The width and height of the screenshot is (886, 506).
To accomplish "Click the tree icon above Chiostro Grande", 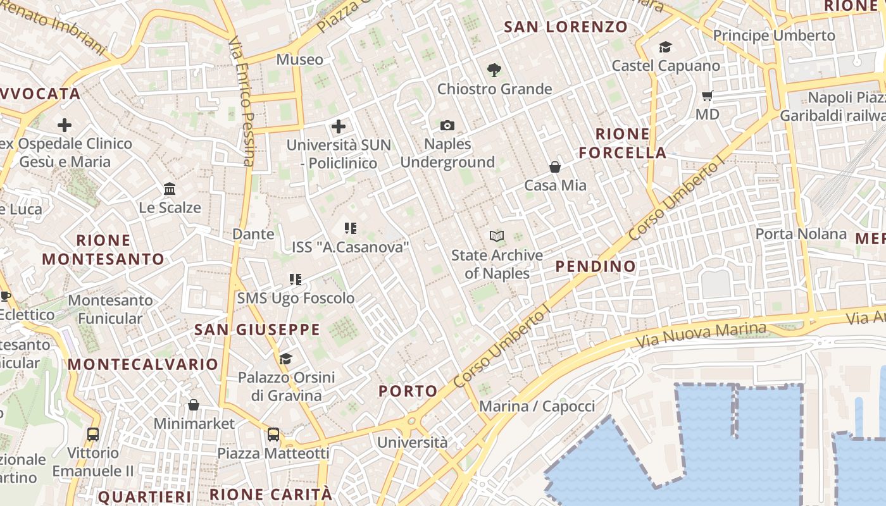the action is pyautogui.click(x=494, y=70).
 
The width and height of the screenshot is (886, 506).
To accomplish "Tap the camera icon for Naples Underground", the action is pyautogui.click(x=447, y=125).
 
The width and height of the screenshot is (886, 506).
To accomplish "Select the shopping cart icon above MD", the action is pyautogui.click(x=707, y=96).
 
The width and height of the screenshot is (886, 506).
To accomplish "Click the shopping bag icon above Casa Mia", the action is pyautogui.click(x=555, y=167).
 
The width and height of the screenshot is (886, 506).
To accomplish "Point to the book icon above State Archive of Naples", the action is pyautogui.click(x=497, y=237).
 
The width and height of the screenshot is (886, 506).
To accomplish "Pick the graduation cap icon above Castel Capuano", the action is pyautogui.click(x=665, y=47).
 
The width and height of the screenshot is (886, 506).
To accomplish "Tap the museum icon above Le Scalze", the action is pyautogui.click(x=170, y=189).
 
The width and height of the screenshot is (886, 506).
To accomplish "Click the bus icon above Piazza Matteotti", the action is pyautogui.click(x=273, y=435).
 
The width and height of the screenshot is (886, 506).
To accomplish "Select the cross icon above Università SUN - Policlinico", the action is pyautogui.click(x=339, y=126).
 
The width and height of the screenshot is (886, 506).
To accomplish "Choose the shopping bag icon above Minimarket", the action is pyautogui.click(x=194, y=405).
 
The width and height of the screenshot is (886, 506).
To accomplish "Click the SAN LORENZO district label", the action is pyautogui.click(x=566, y=27).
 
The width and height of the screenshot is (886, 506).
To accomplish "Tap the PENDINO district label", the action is pyautogui.click(x=596, y=266).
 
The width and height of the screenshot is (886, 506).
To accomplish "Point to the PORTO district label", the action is pyautogui.click(x=408, y=391).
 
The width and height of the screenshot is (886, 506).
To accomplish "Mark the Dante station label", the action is pyautogui.click(x=253, y=234).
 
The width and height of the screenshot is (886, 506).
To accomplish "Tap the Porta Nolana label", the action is pyautogui.click(x=801, y=234).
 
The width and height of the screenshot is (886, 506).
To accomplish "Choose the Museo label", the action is pyautogui.click(x=299, y=59).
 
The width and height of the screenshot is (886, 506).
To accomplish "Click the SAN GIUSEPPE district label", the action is pyautogui.click(x=257, y=330).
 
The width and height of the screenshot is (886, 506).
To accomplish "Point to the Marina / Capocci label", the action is pyautogui.click(x=537, y=406).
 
